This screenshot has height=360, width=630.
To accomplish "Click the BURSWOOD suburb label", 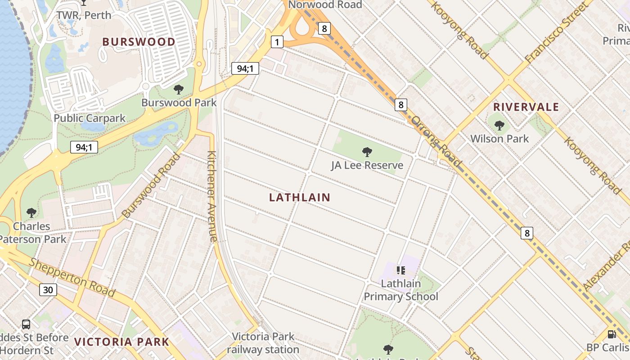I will coord(139,42).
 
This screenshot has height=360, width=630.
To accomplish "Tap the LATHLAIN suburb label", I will coord(300,197).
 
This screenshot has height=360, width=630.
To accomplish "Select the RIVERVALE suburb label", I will coord(526,107).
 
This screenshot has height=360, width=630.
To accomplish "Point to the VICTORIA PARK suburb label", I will coord(121,342).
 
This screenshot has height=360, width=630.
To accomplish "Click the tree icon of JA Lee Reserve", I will coord(367,152).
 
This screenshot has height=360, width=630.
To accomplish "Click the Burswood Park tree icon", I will coord(179,90).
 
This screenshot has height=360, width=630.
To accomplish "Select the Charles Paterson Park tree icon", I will coord(31,212).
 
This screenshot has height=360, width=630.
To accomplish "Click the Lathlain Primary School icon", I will coord(400,270).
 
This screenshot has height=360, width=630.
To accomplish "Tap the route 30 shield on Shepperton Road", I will coord(48,290).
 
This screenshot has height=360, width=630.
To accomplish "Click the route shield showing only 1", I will coord(277,42).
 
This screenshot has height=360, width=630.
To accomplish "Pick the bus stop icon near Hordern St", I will coord(26,324).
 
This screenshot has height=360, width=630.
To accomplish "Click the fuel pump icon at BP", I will coord(612,334).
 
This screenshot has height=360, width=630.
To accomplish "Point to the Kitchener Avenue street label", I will coord(212,197).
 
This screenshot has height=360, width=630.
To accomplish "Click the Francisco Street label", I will coord(556,33).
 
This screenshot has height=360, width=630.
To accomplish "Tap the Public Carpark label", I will coord(90,118).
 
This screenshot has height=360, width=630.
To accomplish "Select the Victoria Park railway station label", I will coord(263,343).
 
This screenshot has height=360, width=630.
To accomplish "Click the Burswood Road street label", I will coord(151,185).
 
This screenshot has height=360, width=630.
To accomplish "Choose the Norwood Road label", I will coord(325,5).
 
